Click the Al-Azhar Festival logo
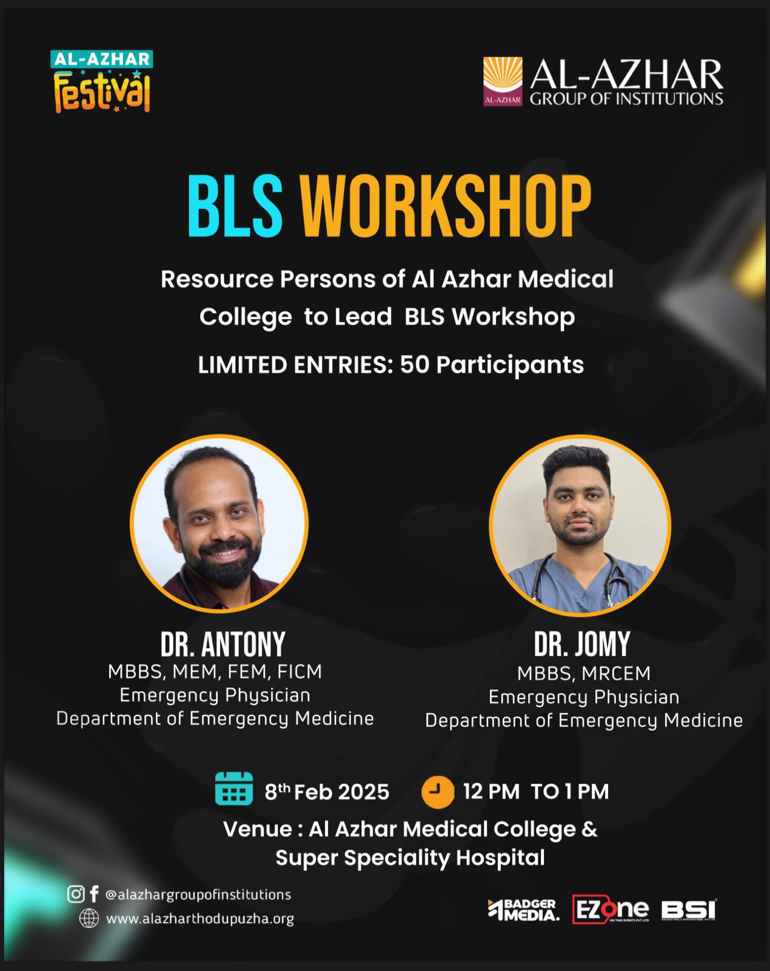101,81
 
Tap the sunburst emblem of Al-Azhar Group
503,81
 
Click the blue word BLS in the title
235,206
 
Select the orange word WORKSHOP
446,206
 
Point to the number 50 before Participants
415,365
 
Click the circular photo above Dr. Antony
219,523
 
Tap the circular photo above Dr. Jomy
580,525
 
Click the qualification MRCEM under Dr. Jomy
616,674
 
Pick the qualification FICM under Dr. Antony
300,672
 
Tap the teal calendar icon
234,788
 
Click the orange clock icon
438,792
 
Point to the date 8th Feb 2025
327,792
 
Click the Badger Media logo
523,910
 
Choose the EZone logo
611,909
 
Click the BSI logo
688,910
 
